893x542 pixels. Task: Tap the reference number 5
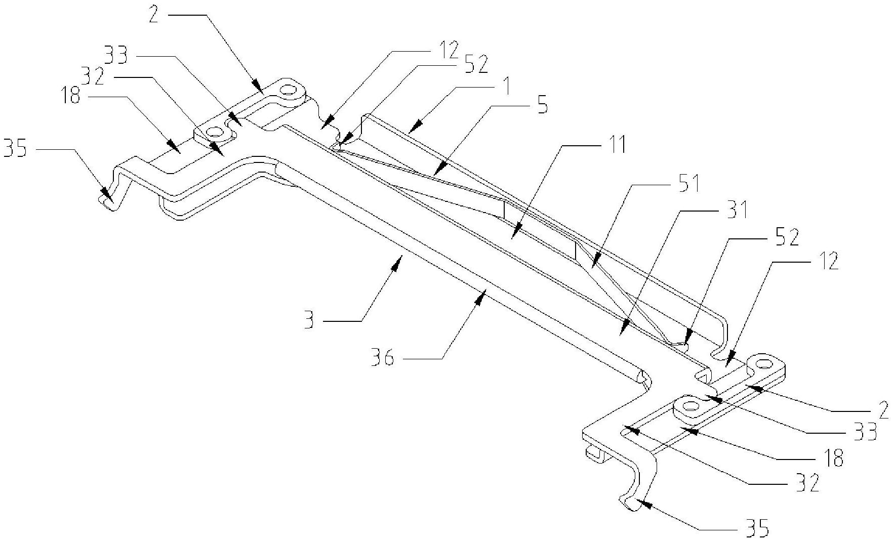542,107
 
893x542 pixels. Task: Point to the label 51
687,184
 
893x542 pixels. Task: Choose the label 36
383,359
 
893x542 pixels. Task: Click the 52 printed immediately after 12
475,65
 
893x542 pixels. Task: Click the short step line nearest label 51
576,251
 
